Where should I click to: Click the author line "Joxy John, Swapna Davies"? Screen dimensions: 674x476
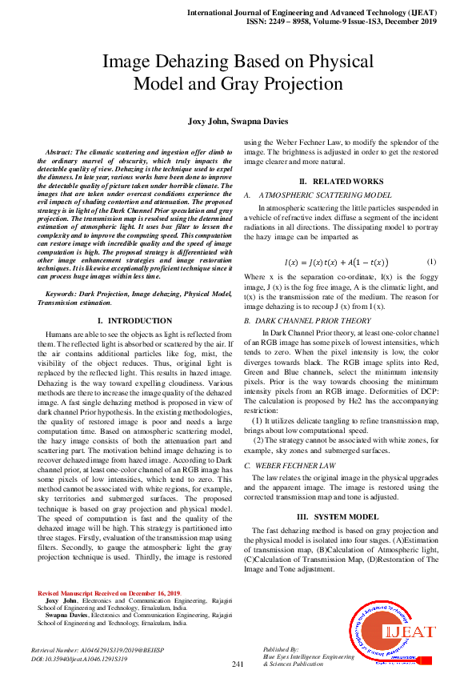(x=238, y=122)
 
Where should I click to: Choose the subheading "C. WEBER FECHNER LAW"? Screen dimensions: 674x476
(x=290, y=464)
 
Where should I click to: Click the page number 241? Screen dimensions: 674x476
(x=238, y=664)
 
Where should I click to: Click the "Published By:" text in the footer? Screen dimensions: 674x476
(x=281, y=648)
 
